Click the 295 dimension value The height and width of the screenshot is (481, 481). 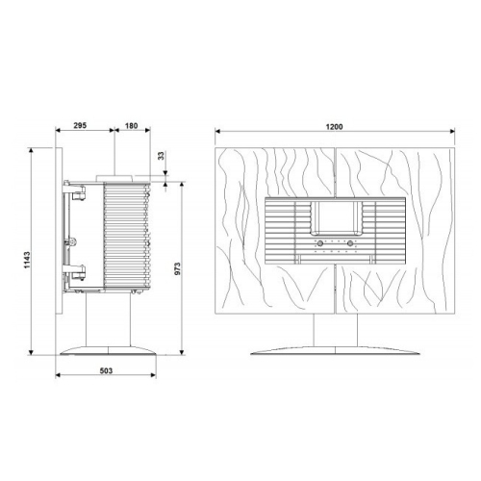(80, 125)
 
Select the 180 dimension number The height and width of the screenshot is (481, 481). (131, 125)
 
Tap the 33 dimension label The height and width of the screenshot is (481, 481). (162, 156)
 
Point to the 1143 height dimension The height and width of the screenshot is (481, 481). (27, 260)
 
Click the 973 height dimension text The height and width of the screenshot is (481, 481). (178, 268)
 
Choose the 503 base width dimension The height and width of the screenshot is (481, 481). (106, 370)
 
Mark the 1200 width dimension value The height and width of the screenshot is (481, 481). (335, 127)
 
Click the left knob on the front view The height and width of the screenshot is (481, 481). (319, 243)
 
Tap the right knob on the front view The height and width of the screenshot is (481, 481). (350, 243)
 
